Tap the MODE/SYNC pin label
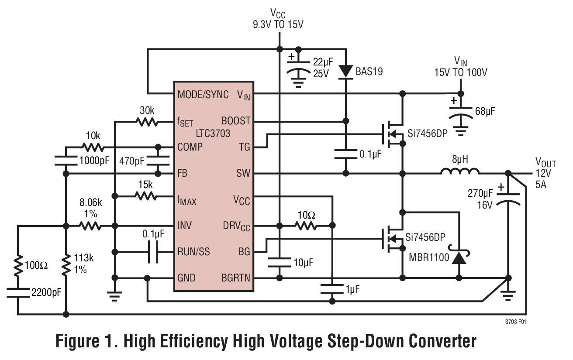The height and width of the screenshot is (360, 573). [x=203, y=95]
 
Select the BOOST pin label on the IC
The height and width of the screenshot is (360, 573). [x=236, y=121]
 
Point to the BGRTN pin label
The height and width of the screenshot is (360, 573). [x=236, y=278]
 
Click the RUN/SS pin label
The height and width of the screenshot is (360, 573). [x=193, y=252]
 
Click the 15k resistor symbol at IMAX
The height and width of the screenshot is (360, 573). [x=147, y=196]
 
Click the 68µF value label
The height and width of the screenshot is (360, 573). [x=485, y=112]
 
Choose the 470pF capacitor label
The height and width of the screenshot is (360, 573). [x=131, y=161]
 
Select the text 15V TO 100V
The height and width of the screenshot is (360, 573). [x=460, y=72]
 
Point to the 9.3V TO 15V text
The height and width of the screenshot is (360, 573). [x=278, y=25]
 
